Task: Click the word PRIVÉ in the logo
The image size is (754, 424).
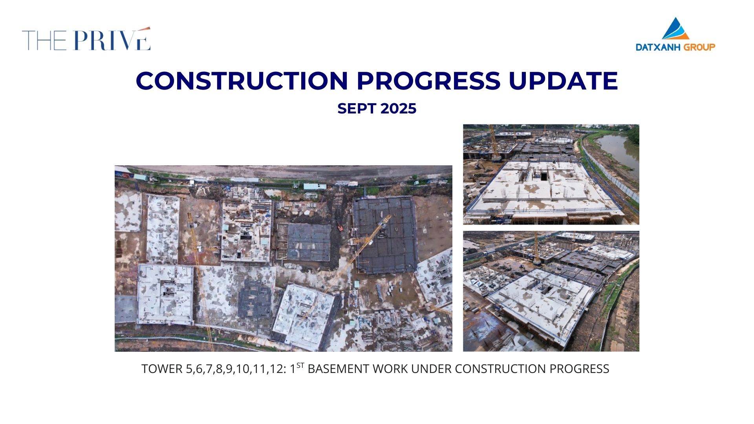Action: (x=112, y=39)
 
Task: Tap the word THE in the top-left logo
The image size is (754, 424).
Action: (x=44, y=40)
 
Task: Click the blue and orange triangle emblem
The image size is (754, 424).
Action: (x=675, y=28)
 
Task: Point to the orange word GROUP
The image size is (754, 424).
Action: (x=699, y=47)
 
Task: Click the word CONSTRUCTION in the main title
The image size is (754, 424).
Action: (x=242, y=80)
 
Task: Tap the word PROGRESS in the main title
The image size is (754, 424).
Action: (x=428, y=80)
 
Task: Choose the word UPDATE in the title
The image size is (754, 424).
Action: (x=563, y=80)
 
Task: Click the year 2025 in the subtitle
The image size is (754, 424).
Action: (x=398, y=108)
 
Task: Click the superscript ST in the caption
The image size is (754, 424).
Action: (x=300, y=365)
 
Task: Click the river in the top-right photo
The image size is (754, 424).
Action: (x=619, y=149)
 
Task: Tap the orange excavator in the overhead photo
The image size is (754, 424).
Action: (x=340, y=227)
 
